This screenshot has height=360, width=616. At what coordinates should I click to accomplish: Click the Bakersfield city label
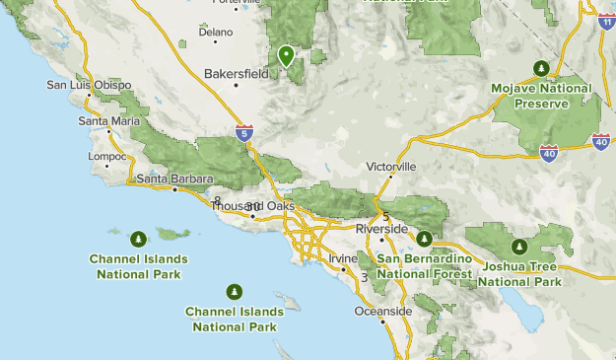[237, 73]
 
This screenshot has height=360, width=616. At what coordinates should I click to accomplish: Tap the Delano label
[216, 32]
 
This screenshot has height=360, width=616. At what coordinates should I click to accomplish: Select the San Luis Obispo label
[89, 85]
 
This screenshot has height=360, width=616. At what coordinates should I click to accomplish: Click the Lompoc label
[107, 157]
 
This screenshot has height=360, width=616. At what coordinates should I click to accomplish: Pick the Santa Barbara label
[174, 179]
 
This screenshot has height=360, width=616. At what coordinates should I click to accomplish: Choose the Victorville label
[391, 167]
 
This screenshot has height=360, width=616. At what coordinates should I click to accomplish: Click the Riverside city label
[381, 229]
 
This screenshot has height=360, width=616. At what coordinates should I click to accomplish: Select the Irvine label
[343, 258]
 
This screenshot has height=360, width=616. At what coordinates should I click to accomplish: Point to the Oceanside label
[383, 312]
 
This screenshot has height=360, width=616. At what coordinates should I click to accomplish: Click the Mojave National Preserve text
[541, 95]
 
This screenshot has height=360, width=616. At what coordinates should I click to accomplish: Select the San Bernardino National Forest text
[425, 266]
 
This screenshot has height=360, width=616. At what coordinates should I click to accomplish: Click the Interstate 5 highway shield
[243, 131]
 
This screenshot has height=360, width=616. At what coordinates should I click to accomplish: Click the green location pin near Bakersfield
[286, 55]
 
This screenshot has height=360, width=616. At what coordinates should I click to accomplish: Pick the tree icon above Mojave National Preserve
[541, 67]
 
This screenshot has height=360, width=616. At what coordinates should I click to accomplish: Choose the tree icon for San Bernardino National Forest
[425, 238]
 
